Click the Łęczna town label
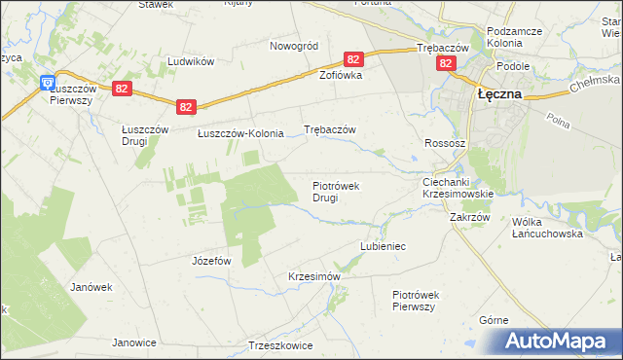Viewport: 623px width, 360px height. click(x=499, y=94)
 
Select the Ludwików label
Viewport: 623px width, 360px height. click(x=190, y=60)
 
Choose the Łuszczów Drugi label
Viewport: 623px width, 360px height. click(x=140, y=136)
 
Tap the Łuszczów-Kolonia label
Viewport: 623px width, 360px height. click(x=240, y=134)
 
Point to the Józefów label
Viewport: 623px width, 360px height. click(x=211, y=261)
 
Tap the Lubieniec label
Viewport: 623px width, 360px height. click(x=382, y=247)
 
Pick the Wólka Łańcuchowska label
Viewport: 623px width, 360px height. click(x=547, y=228)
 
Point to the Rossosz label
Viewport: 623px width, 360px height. click(x=445, y=142)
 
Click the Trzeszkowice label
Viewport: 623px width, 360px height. click(x=280, y=345)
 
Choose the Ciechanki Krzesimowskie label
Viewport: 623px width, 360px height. click(x=458, y=188)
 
